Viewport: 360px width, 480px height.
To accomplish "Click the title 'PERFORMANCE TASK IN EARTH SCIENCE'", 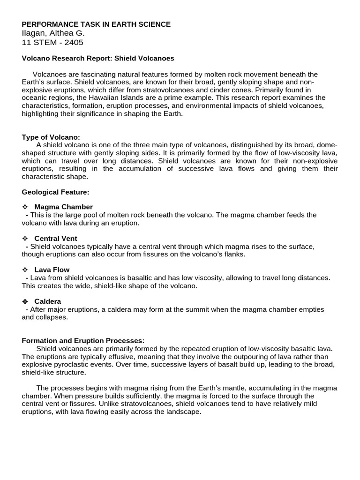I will pyautogui.click(x=96, y=24).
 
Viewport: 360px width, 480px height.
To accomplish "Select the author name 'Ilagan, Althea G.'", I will pyautogui.click(x=53, y=33).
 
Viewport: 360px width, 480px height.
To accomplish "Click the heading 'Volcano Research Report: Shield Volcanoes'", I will pyautogui.click(x=98, y=59).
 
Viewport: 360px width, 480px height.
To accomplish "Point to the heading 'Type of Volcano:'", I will pyautogui.click(x=51, y=137).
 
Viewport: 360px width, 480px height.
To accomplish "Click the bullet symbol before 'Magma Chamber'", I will pyautogui.click(x=25, y=207).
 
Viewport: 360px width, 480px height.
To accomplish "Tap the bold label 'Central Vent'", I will pyautogui.click(x=56, y=239).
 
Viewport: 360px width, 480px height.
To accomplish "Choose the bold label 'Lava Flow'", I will pyautogui.click(x=52, y=270).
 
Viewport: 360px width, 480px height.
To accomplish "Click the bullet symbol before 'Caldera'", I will pyautogui.click(x=25, y=301).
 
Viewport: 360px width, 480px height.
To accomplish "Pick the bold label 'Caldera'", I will pyautogui.click(x=48, y=301).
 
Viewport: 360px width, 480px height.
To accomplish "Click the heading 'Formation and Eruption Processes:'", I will pyautogui.click(x=83, y=341).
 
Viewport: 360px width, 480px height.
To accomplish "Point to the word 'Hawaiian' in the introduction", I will pyautogui.click(x=105, y=97).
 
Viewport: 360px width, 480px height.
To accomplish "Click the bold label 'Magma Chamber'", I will pyautogui.click(x=64, y=207).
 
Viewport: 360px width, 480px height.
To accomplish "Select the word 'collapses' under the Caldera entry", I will pyautogui.click(x=52, y=317).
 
